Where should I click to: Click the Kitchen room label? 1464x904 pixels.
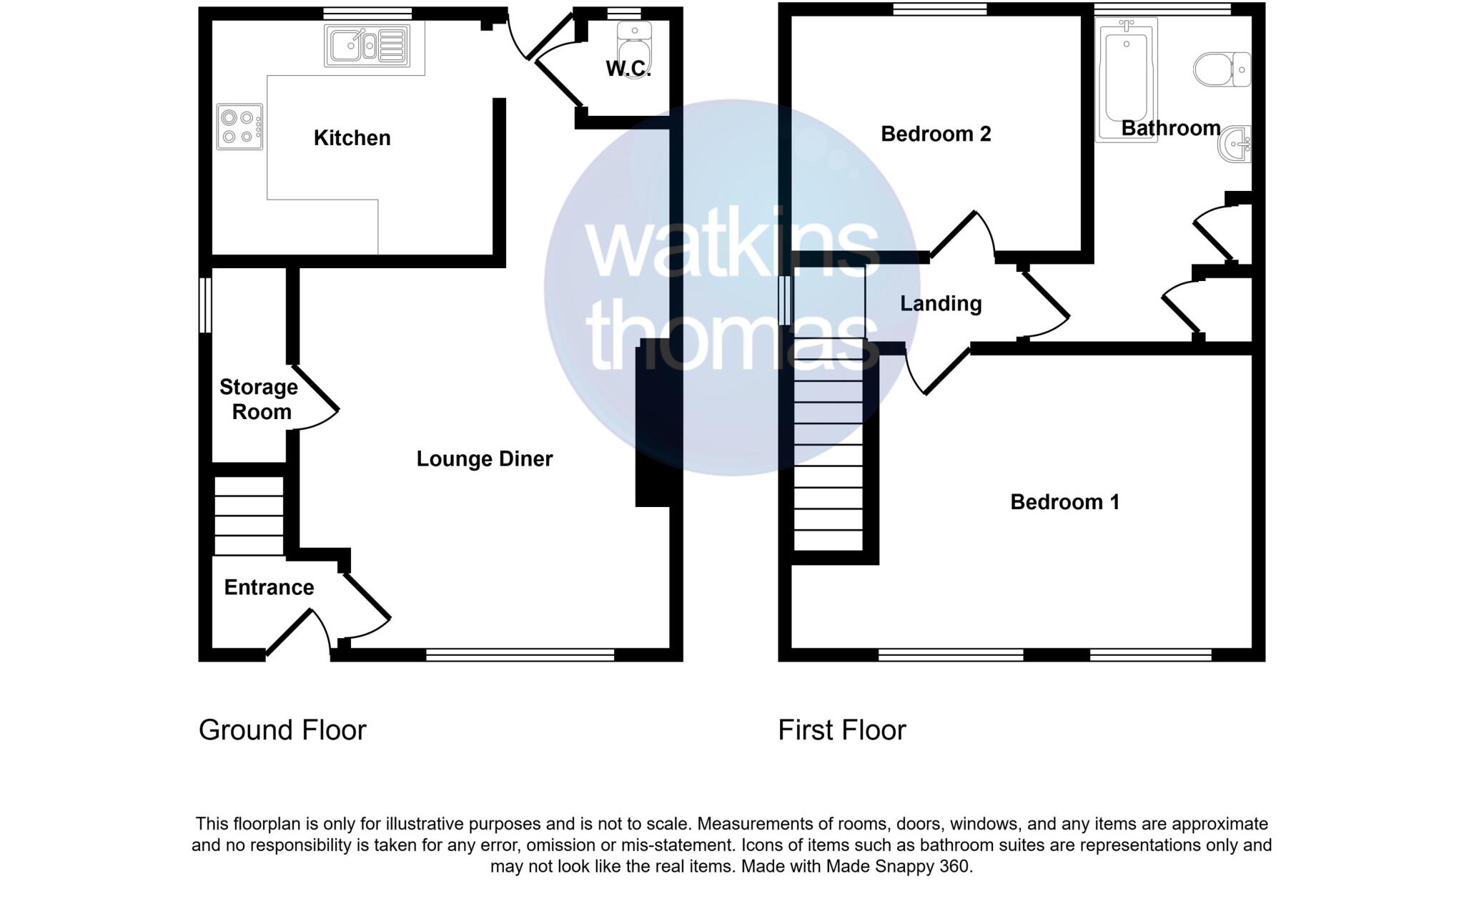(352, 138)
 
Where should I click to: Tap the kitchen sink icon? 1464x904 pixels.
(367, 46)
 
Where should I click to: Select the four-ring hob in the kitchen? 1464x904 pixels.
(239, 127)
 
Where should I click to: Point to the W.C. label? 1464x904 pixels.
(628, 69)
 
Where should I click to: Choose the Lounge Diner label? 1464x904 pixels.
(485, 459)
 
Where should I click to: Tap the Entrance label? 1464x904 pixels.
(269, 588)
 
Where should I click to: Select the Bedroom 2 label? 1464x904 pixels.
(936, 134)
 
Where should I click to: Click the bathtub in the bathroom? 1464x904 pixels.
(1126, 79)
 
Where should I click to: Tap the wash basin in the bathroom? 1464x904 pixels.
(1235, 144)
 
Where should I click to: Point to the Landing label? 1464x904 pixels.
(941, 304)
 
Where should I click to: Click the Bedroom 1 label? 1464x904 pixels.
(1064, 502)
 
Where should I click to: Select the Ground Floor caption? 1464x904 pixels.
(282, 730)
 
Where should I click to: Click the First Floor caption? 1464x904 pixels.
(841, 730)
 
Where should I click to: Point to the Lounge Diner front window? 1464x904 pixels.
(520, 654)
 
